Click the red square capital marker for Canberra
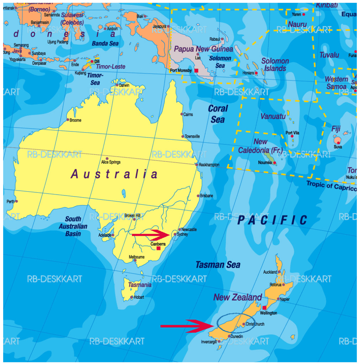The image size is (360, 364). tap(159, 248)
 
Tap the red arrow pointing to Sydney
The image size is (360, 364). tap(151, 235)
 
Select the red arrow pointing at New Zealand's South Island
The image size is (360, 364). tap(187, 326)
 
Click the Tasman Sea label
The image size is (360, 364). tap(218, 265)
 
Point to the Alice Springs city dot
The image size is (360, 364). tap(107, 159)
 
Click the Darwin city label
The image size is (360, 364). tap(124, 85)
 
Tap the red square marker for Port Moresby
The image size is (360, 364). tap(196, 71)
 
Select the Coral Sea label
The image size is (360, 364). tap(218, 114)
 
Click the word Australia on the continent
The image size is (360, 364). tap(114, 174)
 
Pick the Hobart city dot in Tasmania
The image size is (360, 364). tap(132, 297)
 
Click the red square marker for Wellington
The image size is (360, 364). tap(264, 308)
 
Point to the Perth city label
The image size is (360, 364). tap(11, 202)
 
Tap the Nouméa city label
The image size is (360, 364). tap(265, 163)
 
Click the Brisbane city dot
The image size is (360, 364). tap(198, 196)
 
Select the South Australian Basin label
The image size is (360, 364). tap(75, 226)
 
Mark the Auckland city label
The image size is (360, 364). tap(270, 272)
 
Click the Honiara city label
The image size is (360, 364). tap(248, 73)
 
